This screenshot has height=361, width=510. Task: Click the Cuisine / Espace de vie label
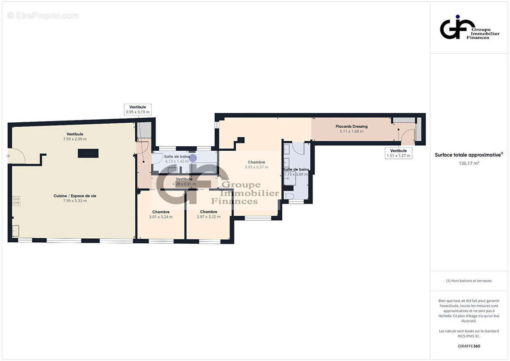(75, 196)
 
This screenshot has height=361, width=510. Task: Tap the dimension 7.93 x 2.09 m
(75, 139)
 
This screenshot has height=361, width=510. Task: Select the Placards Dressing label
(352, 126)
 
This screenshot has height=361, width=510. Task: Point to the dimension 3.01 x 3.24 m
(161, 217)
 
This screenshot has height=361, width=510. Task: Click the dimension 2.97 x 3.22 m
(209, 217)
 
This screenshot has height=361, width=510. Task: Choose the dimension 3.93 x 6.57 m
(256, 167)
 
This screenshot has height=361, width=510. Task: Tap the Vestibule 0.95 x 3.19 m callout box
(138, 110)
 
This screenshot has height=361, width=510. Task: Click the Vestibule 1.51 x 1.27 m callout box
(398, 153)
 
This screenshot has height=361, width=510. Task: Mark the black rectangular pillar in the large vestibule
(88, 153)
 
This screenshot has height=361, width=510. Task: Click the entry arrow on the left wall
(8, 156)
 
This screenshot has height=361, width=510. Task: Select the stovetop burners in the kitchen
(16, 201)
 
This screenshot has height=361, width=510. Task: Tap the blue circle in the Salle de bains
(193, 158)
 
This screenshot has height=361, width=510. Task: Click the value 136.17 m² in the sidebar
(469, 163)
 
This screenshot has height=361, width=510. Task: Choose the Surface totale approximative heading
(468, 155)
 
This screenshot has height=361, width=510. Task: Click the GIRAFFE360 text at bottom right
(469, 347)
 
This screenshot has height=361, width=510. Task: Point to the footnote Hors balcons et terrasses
(469, 281)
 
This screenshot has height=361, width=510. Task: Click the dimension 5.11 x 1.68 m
(352, 131)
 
